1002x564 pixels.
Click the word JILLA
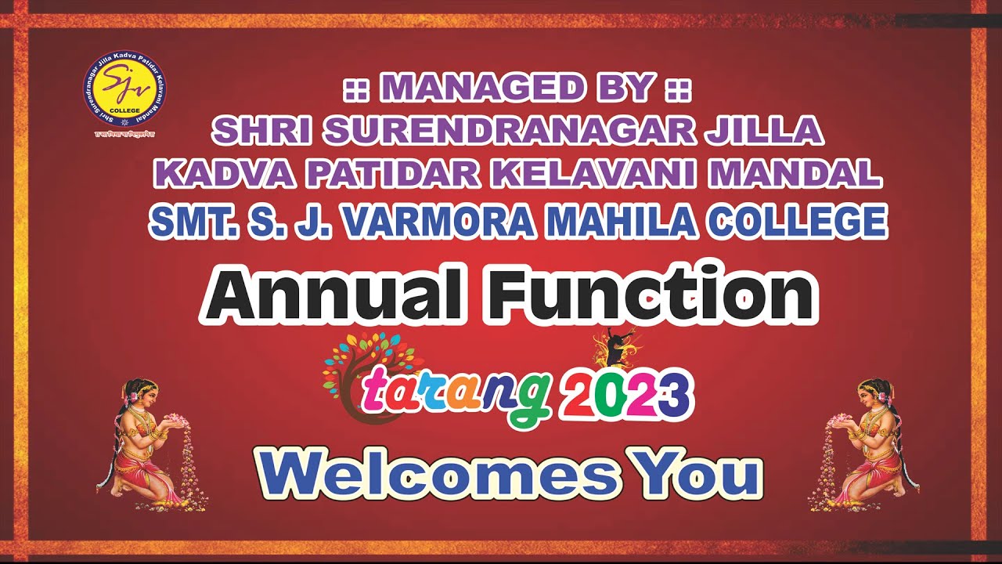tap(764, 130)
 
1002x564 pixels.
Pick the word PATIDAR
tap(384, 175)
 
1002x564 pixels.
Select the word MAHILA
tap(623, 222)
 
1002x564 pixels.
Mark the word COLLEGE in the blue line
tap(797, 222)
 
